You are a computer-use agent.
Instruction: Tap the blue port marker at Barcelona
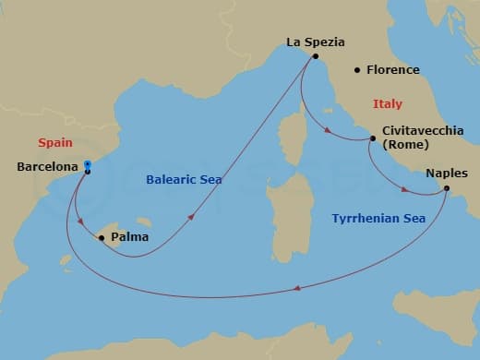coord(87,165)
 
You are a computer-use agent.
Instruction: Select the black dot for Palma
coord(101,238)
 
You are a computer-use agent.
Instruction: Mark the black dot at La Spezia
coord(315,56)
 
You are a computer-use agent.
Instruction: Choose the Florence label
coord(393,70)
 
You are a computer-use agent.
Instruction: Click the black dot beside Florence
coord(357,70)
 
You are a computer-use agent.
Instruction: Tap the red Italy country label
coord(388,104)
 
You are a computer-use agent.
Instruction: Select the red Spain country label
coord(54,142)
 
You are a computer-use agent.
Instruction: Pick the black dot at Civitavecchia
coord(372,139)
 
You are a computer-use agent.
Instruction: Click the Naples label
coord(447,173)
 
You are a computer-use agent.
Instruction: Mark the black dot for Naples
coord(446,189)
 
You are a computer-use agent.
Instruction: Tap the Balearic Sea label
coord(184,180)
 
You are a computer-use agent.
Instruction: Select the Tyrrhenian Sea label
coord(378,219)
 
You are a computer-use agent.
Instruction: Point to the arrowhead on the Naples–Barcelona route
coord(297,290)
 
